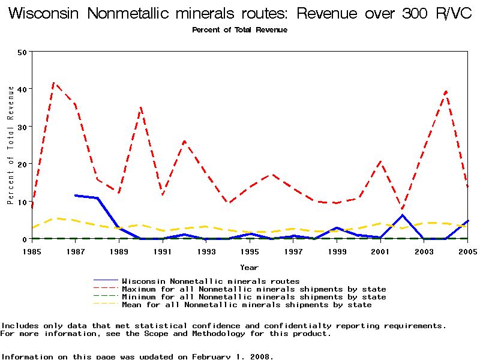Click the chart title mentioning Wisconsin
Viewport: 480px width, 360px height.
(240, 14)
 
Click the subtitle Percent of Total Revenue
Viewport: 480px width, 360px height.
(240, 30)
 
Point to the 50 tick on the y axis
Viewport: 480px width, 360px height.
(23, 52)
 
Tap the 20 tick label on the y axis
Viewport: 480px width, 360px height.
(23, 164)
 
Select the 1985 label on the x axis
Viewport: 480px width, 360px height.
(32, 251)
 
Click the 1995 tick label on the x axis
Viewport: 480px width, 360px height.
(250, 251)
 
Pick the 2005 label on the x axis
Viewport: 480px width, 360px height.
(467, 251)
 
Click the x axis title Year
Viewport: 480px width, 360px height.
(250, 267)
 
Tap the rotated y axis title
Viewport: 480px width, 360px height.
(10, 145)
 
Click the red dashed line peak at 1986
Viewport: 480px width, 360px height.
(54, 83)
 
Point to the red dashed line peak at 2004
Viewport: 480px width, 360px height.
(446, 91)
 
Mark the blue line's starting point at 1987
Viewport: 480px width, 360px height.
(76, 195)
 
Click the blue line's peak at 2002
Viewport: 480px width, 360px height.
(403, 215)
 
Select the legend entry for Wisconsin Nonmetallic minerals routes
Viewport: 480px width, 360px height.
(211, 281)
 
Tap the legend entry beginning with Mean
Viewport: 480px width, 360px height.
(247, 305)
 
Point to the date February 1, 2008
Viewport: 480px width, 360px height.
(232, 356)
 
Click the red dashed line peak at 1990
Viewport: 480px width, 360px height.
(141, 107)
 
